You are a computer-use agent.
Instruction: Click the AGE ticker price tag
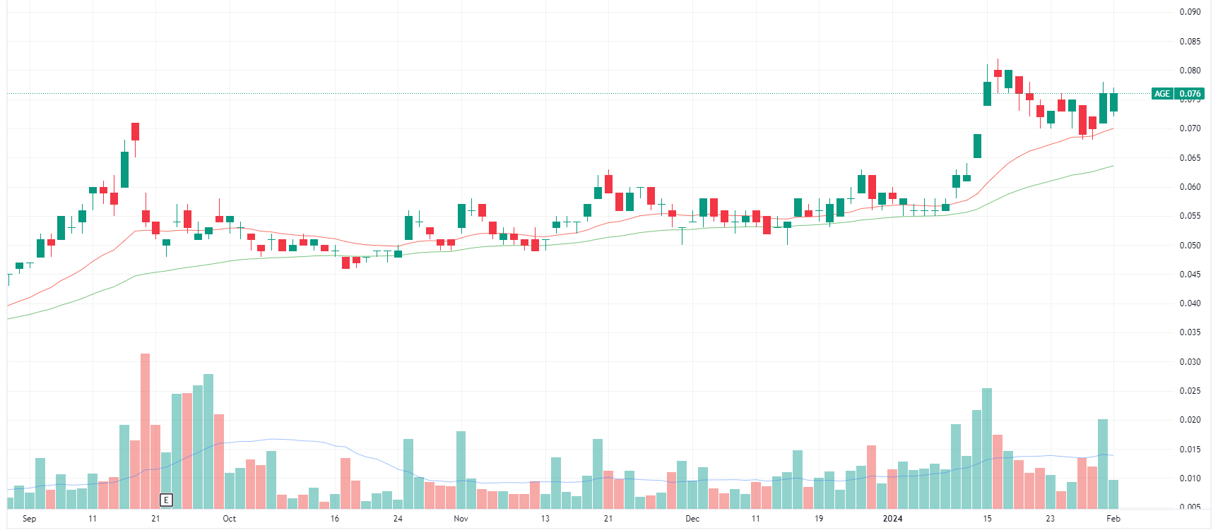(1162, 94)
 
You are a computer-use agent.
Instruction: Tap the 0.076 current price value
(1190, 94)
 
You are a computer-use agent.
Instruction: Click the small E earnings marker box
(166, 500)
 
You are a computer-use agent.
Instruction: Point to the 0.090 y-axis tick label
(1190, 12)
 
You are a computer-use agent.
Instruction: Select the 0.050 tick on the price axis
(1190, 246)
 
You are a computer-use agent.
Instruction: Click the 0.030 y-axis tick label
(1190, 362)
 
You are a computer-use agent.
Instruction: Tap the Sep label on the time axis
(29, 519)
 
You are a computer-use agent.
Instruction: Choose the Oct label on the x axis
(229, 519)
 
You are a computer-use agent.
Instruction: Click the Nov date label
(461, 519)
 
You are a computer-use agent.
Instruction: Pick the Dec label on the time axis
(692, 519)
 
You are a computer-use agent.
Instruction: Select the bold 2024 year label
(892, 519)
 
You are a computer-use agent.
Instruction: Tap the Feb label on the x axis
(1113, 519)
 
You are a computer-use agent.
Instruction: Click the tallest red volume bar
(145, 430)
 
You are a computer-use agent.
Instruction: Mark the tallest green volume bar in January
(987, 448)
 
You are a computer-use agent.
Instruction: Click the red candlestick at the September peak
(135, 131)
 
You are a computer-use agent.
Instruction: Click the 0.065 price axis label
(1190, 158)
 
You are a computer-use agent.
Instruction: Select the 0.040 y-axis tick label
(1190, 303)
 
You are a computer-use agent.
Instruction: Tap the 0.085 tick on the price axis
(1190, 42)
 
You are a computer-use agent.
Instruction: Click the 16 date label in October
(334, 519)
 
